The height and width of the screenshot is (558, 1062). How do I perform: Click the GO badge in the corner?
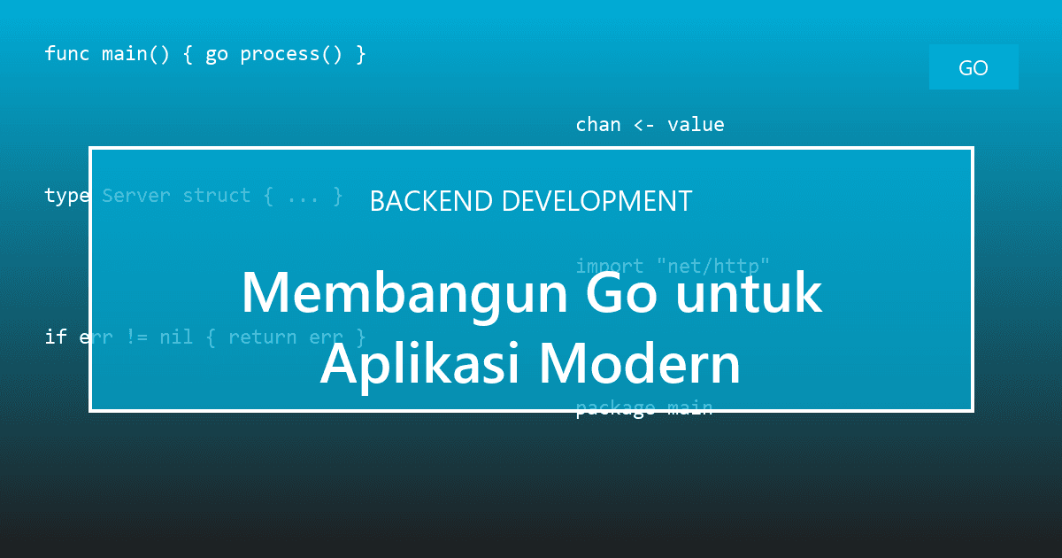[x=973, y=68]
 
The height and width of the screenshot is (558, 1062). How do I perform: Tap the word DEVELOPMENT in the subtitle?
[x=596, y=201]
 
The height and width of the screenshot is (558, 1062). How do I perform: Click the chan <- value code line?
[x=650, y=125]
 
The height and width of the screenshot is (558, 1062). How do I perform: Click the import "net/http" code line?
[x=673, y=266]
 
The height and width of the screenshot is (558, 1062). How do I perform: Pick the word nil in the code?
[x=176, y=337]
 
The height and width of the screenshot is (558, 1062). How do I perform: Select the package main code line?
[x=643, y=408]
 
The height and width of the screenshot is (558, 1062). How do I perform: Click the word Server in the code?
[x=136, y=196]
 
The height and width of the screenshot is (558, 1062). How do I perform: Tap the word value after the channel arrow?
[x=696, y=125]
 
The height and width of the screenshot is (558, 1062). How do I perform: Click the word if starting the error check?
[x=56, y=337]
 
